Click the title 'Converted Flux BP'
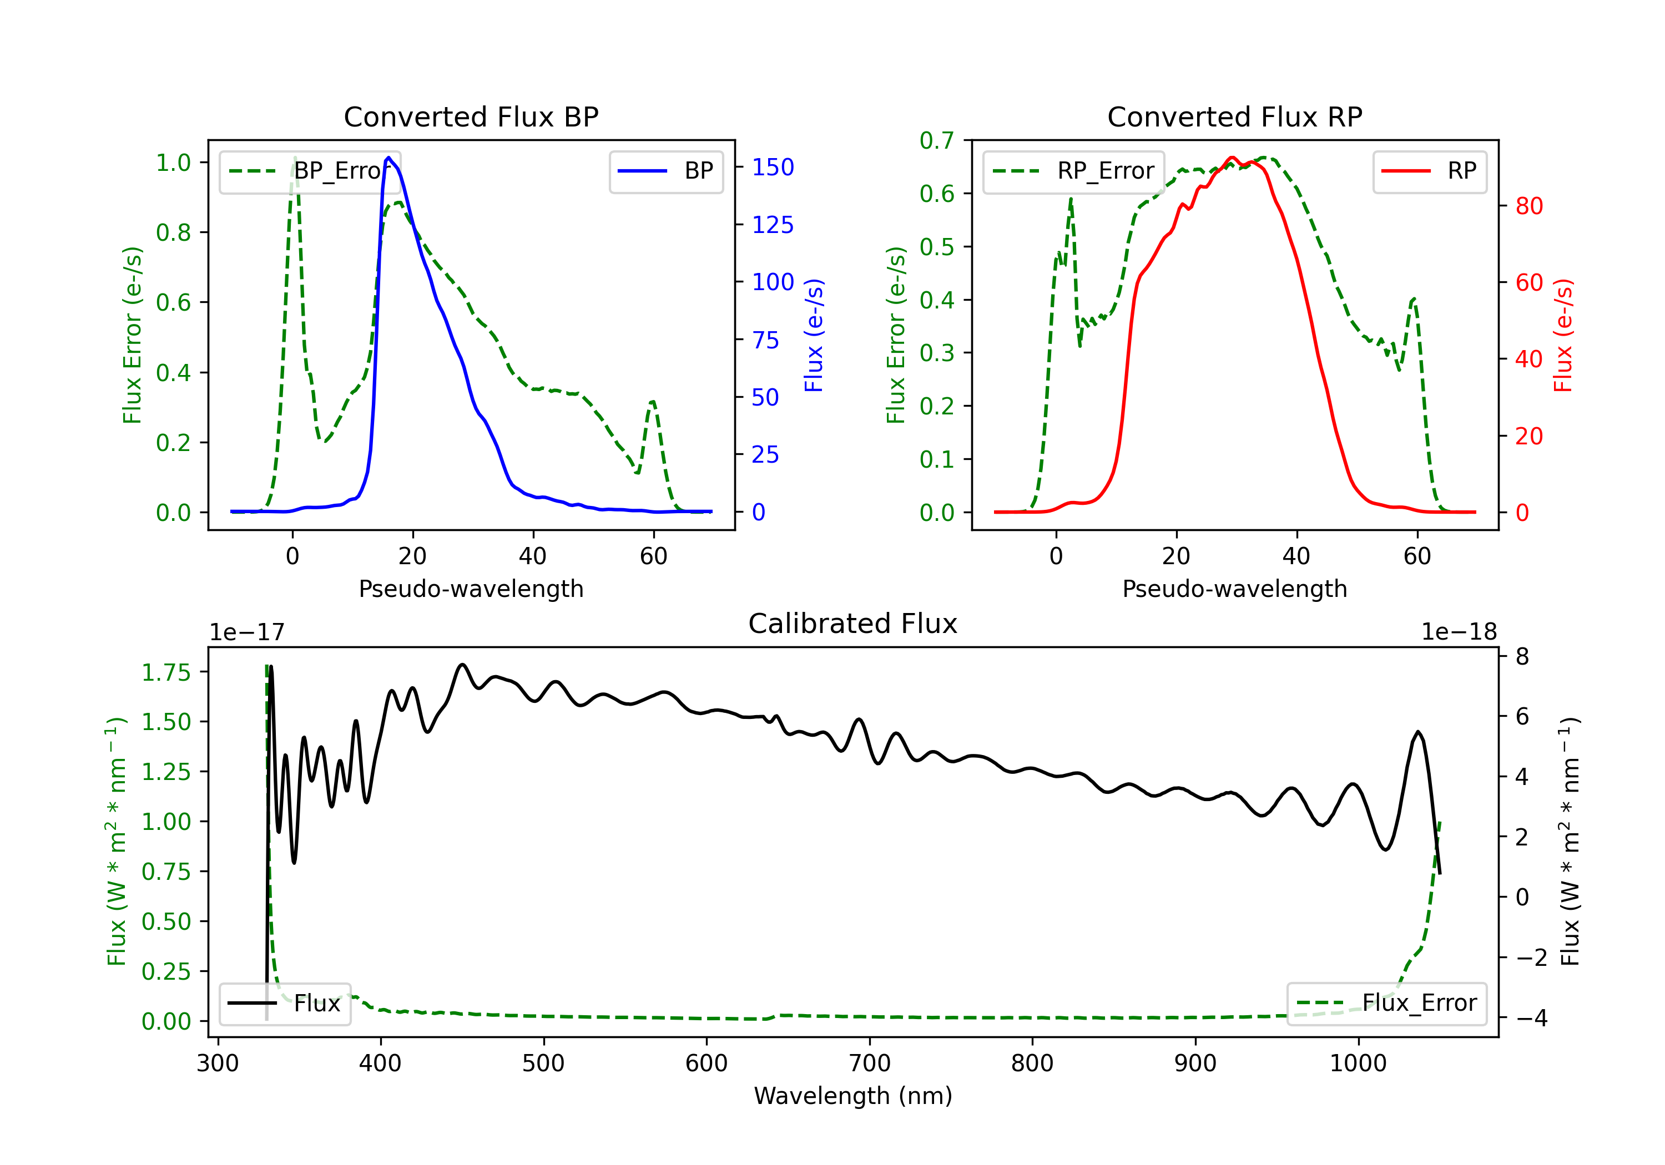(471, 116)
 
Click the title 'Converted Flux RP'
(1234, 116)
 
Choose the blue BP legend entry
(665, 171)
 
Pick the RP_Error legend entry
(1073, 171)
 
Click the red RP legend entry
(1429, 171)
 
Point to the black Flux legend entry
(284, 1004)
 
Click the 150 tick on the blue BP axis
(773, 168)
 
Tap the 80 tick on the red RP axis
(1528, 206)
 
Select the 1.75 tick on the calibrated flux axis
(166, 672)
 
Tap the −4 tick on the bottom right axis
(1532, 1018)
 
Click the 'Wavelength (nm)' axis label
(853, 1096)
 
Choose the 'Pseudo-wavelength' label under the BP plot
(471, 589)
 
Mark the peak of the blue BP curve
(389, 158)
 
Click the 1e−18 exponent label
(1459, 632)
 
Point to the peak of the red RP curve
(1232, 158)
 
